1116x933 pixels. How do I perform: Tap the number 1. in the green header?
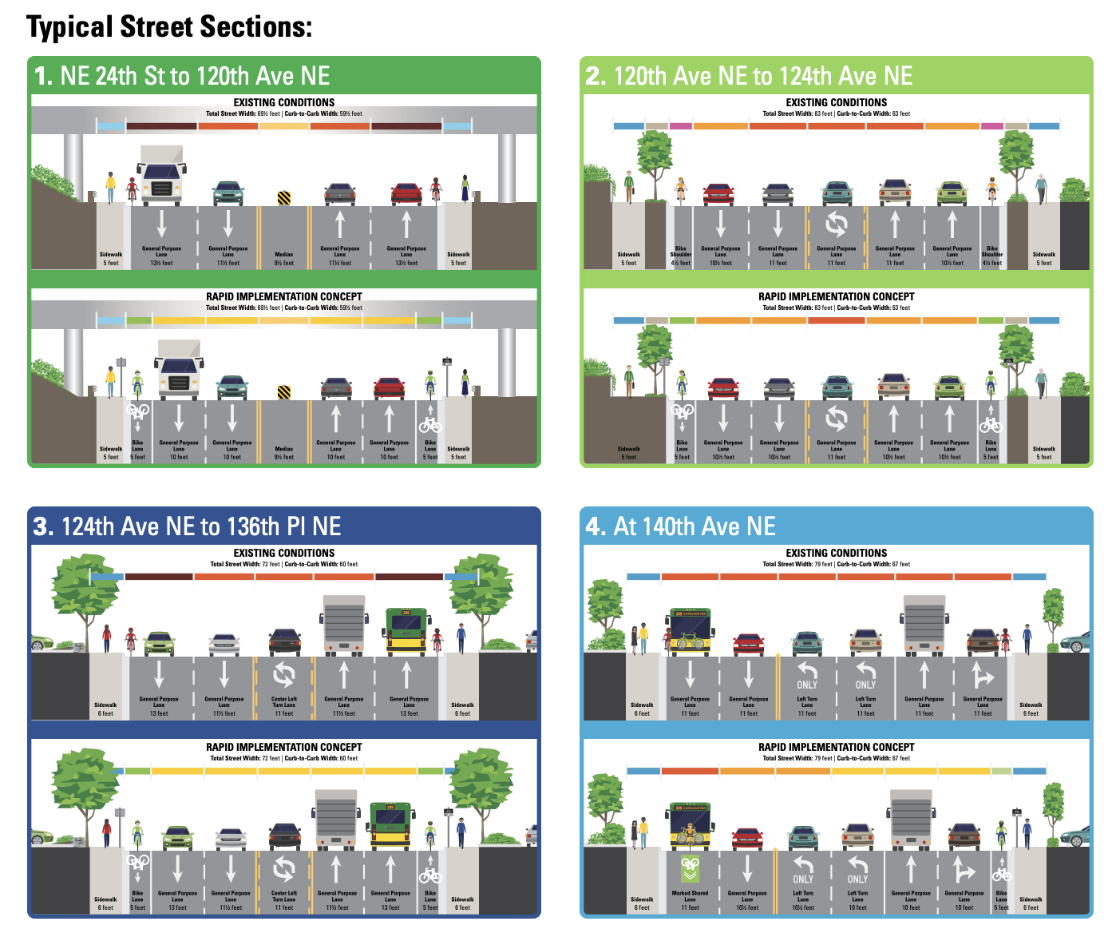point(43,76)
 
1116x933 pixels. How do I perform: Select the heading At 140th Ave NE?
point(694,526)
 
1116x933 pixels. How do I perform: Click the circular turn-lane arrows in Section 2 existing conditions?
point(836,224)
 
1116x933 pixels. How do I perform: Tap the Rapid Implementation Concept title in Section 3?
point(284,747)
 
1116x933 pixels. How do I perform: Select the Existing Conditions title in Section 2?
point(836,102)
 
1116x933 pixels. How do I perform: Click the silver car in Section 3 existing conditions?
point(224,643)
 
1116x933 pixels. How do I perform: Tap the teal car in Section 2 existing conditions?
point(837,193)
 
